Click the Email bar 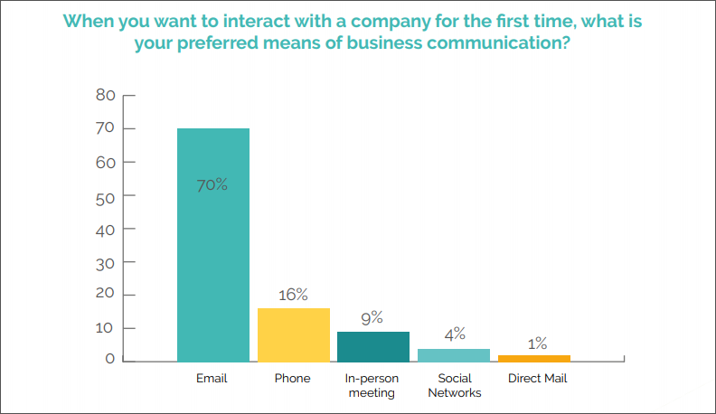[x=212, y=244]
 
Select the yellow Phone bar [x=293, y=334]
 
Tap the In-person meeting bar [x=372, y=346]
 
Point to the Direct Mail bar [x=533, y=358]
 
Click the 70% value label [x=212, y=185]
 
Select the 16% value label [x=293, y=295]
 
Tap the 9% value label [x=372, y=318]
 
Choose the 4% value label [x=454, y=334]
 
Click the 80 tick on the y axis [x=105, y=95]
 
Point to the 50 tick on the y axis [x=105, y=195]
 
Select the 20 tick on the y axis [x=105, y=296]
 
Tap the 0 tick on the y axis [x=109, y=361]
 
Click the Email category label [x=212, y=379]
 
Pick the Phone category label [x=292, y=379]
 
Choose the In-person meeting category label [x=372, y=386]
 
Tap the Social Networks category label [x=454, y=386]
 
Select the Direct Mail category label [x=537, y=379]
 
